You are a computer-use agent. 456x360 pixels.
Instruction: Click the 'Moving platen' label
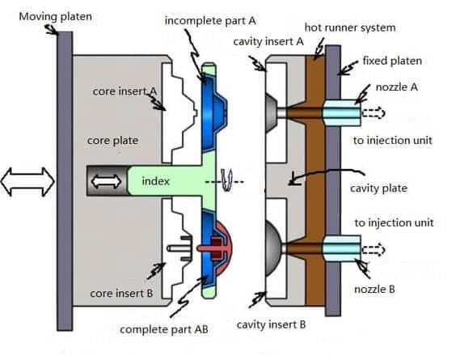[55, 17]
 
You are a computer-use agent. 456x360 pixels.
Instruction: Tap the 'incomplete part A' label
[210, 21]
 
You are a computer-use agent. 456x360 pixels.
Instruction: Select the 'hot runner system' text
[350, 28]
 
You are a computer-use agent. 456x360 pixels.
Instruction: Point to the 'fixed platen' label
[392, 61]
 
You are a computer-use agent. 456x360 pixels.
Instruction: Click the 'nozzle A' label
[397, 87]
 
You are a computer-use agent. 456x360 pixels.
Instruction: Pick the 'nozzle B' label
[374, 290]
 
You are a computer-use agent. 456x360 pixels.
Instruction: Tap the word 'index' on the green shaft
[155, 181]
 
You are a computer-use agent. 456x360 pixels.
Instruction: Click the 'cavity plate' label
[378, 188]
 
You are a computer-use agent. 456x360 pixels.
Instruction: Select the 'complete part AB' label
[164, 330]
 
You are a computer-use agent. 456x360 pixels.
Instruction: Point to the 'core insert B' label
[121, 294]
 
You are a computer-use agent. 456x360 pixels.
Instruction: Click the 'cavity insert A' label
[268, 41]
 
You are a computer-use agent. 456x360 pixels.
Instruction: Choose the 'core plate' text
[113, 141]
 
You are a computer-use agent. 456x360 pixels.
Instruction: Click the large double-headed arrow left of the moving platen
[27, 181]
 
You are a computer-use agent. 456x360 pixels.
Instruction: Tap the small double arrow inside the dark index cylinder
[106, 181]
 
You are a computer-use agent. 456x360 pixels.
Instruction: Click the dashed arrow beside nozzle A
[374, 112]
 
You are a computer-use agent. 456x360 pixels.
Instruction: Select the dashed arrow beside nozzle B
[374, 250]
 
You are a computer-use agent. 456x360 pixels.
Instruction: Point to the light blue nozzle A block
[342, 113]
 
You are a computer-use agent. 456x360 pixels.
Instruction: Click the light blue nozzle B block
[342, 248]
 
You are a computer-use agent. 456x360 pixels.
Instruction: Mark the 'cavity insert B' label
[271, 324]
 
